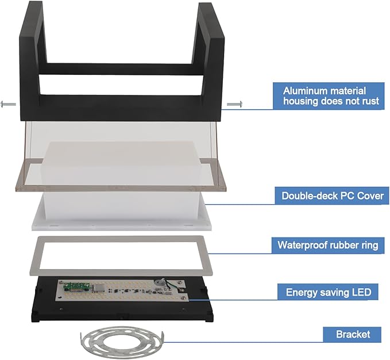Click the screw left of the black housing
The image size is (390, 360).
click(8, 104)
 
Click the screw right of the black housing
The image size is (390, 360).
click(235, 104)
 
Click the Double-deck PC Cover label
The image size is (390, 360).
click(332, 196)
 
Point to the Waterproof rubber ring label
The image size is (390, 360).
click(327, 245)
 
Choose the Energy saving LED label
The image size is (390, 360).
click(328, 292)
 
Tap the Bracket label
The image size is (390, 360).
click(352, 334)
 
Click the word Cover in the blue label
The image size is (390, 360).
click(370, 196)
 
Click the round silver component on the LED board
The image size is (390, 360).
click(158, 282)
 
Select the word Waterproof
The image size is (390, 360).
click(302, 245)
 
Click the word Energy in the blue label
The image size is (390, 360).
click(302, 292)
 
